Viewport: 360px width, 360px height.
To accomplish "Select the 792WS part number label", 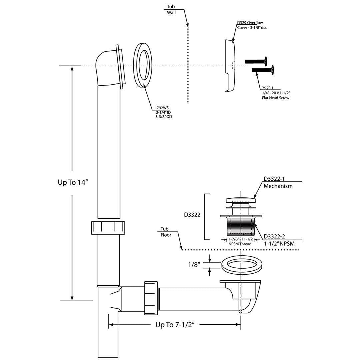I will pos(163,108).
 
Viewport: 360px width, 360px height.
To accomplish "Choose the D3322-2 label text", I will pos(274,237).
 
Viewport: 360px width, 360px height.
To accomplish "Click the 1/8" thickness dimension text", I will pos(194,265).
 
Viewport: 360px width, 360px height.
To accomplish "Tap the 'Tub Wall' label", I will pos(171,9).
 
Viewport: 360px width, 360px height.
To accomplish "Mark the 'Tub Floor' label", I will pos(166,232).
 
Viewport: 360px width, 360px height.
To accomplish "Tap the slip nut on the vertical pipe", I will pos(108,228).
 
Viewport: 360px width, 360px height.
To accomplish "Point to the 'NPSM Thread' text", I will pos(240,244).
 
